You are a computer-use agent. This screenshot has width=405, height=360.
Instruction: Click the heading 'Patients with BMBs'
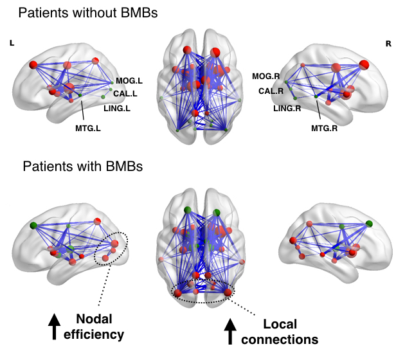coord(83,166)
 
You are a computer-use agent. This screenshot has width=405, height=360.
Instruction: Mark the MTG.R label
coord(324,128)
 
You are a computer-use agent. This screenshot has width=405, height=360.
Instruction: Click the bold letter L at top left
coord(12,43)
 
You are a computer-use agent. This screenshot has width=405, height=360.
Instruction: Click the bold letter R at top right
coord(388,44)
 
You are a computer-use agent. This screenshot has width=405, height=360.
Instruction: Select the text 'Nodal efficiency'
coord(100,326)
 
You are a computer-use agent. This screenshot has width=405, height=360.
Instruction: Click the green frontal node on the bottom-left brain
coord(33,226)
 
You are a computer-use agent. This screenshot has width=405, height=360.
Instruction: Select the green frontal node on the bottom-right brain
coord(369,224)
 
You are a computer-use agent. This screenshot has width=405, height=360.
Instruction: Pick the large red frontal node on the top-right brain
coord(364,64)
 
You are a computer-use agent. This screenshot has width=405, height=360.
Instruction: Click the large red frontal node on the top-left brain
coord(33,65)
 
